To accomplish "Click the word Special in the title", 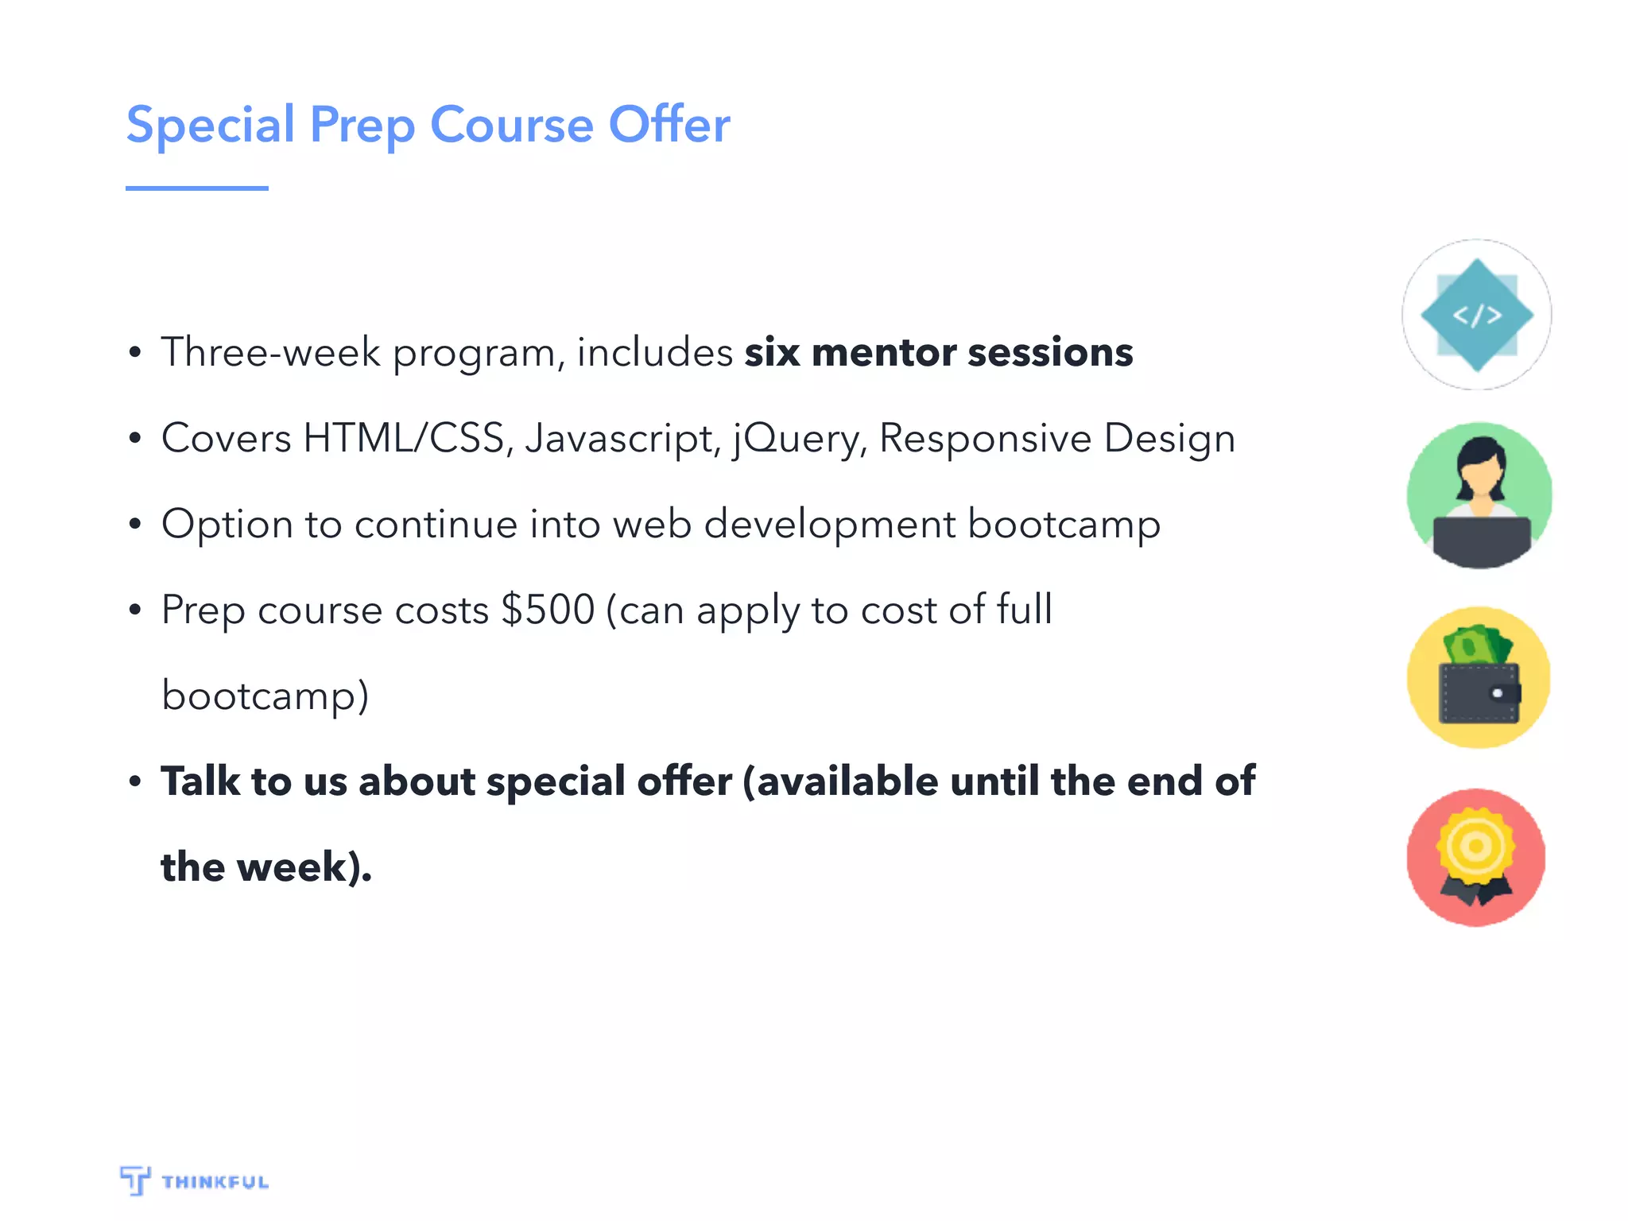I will coord(211,126).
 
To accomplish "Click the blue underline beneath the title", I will coord(196,188).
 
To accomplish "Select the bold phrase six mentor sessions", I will coord(938,352).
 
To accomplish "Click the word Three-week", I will coord(270,352).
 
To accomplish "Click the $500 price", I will coord(548,610).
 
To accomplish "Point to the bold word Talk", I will coord(200,781).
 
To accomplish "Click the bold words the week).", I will coord(266,866).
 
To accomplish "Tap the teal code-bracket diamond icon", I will coord(1477,315).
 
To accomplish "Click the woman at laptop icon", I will coord(1479,496).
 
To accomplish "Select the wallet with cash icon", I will coord(1479,677).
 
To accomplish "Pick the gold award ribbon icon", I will coord(1476,857).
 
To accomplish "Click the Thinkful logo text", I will coord(215,1182).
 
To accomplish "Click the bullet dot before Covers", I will coord(135,438).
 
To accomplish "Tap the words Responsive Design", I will coord(1056,438).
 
